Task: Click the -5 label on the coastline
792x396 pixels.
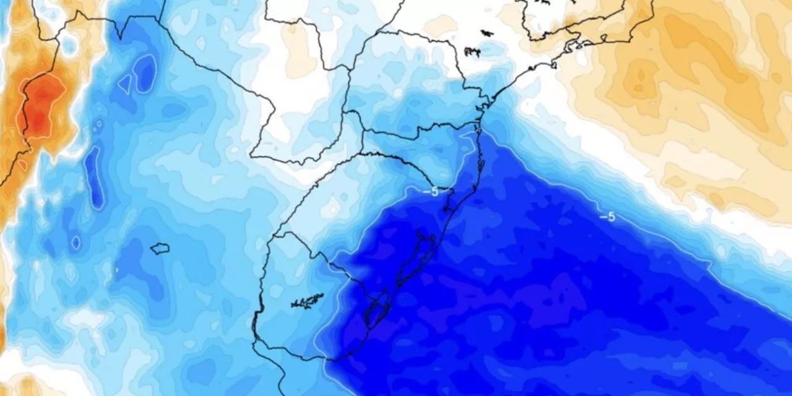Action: pyautogui.click(x=431, y=191)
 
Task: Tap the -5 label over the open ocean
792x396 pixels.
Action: pyautogui.click(x=607, y=217)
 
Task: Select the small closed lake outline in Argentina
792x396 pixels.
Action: pyautogui.click(x=160, y=248)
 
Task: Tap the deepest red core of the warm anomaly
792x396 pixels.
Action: pyautogui.click(x=41, y=105)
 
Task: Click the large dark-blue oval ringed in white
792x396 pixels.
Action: pyautogui.click(x=146, y=72)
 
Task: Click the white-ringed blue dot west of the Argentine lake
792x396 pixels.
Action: pyautogui.click(x=75, y=243)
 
